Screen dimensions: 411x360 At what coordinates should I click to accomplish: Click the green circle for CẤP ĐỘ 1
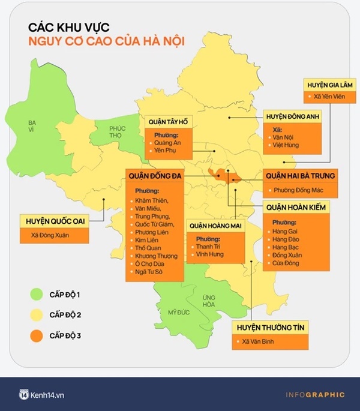point(38,295)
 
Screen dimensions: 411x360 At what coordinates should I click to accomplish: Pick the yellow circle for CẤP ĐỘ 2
point(38,316)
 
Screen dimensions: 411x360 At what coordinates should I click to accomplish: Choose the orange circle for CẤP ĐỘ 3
point(38,337)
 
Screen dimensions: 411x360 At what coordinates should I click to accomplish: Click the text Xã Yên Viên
point(329,97)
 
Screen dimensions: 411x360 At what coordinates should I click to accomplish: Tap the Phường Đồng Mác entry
point(299,191)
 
